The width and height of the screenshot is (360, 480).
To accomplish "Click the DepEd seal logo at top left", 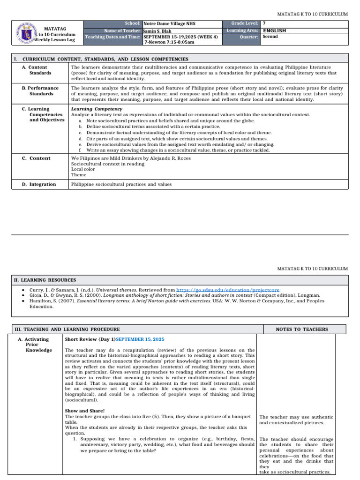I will [x=26, y=33].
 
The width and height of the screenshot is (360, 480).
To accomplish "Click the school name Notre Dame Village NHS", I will [x=169, y=23].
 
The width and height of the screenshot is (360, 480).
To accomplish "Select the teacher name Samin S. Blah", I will [x=158, y=31].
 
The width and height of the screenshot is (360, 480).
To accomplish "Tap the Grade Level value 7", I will [x=264, y=23].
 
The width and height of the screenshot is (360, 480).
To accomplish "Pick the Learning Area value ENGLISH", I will [x=275, y=30].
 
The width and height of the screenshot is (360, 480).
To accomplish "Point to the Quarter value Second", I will [x=270, y=37].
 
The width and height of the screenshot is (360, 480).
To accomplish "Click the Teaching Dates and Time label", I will [x=112, y=37].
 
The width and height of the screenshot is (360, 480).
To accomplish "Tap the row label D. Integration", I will [x=39, y=184].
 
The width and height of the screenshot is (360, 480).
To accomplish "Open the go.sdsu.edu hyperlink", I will [x=231, y=290].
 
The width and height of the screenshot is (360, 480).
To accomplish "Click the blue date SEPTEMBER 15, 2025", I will [x=140, y=339].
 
